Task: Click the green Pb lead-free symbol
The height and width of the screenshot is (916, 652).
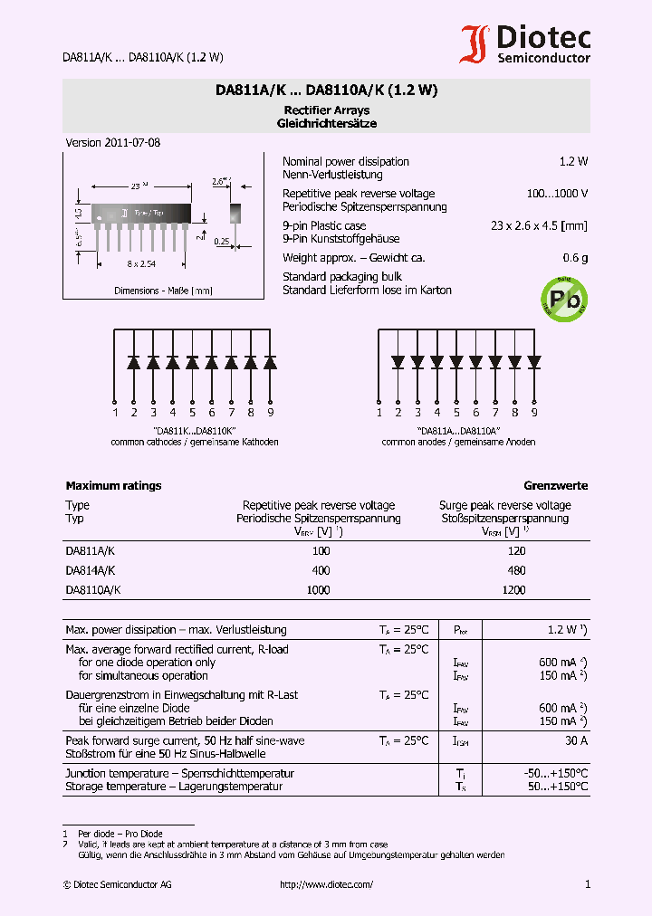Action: (563, 296)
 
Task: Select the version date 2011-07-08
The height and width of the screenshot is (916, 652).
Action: (113, 143)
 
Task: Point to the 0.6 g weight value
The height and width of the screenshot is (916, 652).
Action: (575, 258)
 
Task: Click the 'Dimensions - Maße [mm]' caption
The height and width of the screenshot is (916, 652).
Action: (163, 291)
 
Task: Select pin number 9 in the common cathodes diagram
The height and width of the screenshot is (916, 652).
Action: (271, 413)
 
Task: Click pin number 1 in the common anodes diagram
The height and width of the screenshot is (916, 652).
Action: (379, 413)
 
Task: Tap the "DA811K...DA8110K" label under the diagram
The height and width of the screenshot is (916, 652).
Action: (194, 431)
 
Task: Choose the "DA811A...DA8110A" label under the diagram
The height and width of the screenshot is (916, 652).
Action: (458, 431)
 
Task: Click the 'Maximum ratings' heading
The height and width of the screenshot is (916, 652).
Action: (113, 486)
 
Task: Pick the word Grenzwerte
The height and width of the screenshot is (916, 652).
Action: (555, 486)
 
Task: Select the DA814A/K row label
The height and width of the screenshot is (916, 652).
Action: (90, 570)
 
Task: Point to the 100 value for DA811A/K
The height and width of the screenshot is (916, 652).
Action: (321, 551)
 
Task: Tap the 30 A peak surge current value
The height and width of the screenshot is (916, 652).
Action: (575, 741)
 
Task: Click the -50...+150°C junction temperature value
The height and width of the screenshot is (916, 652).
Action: (556, 774)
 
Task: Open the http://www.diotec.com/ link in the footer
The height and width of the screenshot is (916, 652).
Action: (326, 884)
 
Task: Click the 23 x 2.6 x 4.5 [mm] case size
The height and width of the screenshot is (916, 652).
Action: (539, 225)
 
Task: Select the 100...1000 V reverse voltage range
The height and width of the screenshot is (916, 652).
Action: (557, 194)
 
